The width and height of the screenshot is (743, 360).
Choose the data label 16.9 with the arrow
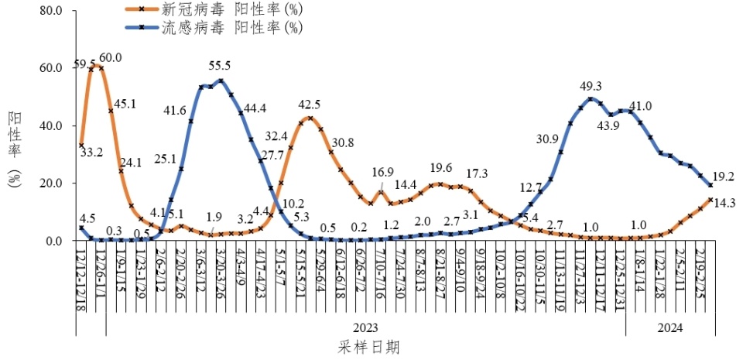384,172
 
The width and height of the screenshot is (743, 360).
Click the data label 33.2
91,153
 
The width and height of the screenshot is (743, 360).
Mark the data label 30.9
547,139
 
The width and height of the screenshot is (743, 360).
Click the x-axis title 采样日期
369,347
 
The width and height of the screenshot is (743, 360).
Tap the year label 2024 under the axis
669,328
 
